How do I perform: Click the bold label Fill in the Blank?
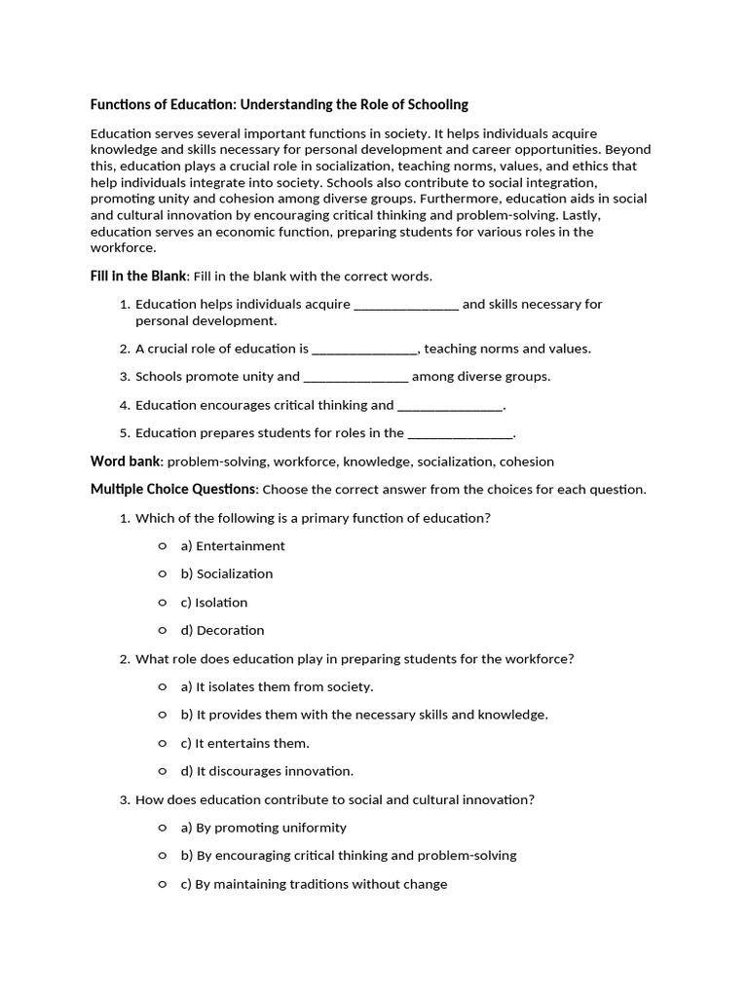[x=138, y=277]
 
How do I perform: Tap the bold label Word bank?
[x=126, y=462]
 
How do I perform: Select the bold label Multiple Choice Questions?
[x=173, y=489]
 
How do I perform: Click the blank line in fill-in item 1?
[x=406, y=305]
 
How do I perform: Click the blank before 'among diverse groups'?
[x=355, y=377]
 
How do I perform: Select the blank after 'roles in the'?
[x=460, y=433]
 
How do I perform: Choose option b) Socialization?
[x=226, y=574]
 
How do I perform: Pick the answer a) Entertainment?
[x=233, y=546]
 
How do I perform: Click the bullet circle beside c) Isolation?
[x=163, y=602]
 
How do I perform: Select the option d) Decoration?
[x=222, y=631]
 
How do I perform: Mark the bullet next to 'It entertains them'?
[x=163, y=743]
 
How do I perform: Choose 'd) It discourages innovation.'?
[x=267, y=771]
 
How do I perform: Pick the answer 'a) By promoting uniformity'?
[x=263, y=828]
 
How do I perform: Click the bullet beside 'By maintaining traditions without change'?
[x=163, y=884]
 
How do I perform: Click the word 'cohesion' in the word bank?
[x=526, y=462]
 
